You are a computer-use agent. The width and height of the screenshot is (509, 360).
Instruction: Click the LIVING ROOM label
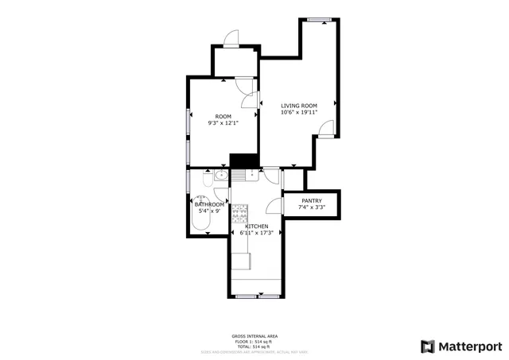(x=299, y=106)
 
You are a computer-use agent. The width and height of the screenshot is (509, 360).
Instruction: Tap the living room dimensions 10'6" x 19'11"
(x=299, y=113)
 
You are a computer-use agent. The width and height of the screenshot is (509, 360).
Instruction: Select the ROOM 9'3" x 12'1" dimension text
(x=223, y=123)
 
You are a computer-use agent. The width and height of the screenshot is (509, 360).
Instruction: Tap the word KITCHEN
(x=256, y=226)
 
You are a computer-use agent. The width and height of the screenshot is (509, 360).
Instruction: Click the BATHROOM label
(x=209, y=205)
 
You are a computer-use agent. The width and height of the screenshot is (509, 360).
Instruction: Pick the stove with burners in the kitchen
(x=239, y=213)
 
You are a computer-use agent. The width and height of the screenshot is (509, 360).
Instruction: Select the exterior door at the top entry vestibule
(x=230, y=39)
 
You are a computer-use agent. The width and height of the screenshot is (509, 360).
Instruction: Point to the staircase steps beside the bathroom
(x=241, y=176)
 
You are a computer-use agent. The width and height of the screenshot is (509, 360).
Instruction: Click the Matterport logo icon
(x=428, y=346)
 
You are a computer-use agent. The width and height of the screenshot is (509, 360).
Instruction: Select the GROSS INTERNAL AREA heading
(x=254, y=335)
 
